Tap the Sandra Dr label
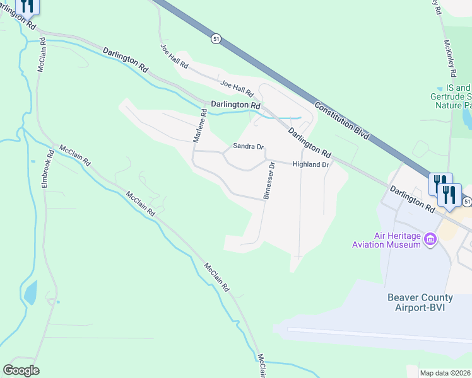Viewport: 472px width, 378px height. point(247,146)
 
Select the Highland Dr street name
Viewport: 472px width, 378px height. point(311,164)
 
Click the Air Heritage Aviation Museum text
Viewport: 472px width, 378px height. point(397,240)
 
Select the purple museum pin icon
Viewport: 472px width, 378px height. point(432,239)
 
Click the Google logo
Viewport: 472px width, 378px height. point(21,370)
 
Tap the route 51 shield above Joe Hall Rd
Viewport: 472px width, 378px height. point(216,39)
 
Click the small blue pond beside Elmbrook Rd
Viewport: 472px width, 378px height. point(30,293)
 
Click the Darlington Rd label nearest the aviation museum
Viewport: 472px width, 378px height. point(413,199)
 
